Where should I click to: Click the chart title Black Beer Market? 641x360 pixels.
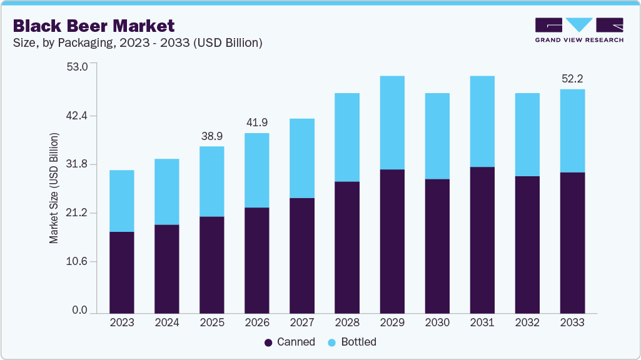click(93, 26)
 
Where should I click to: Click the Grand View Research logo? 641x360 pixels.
click(579, 29)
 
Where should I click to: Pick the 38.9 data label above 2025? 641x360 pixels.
click(211, 136)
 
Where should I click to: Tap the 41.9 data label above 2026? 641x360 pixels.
click(256, 122)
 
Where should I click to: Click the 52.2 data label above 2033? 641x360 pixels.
click(572, 79)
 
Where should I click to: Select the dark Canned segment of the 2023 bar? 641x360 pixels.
click(122, 272)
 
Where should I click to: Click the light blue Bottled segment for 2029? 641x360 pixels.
click(391, 122)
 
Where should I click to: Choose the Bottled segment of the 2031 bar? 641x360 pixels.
click(482, 121)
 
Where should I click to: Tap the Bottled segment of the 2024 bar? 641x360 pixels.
click(167, 191)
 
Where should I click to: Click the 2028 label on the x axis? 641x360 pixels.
click(347, 322)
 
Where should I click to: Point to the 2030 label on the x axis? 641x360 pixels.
click(437, 322)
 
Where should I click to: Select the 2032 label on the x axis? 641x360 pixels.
click(527, 322)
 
